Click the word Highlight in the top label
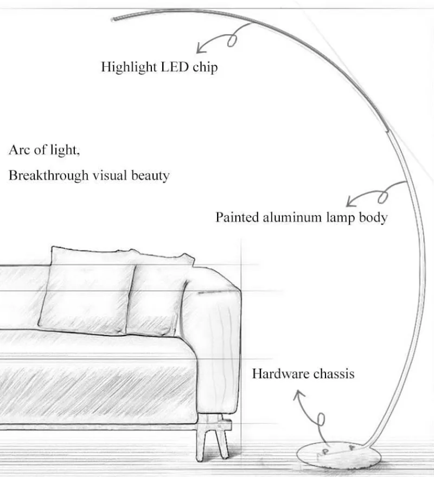pyautogui.click(x=128, y=68)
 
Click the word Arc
pyautogui.click(x=19, y=150)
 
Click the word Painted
pyautogui.click(x=237, y=217)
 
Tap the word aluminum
pyautogui.click(x=289, y=217)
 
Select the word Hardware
pyautogui.click(x=279, y=373)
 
